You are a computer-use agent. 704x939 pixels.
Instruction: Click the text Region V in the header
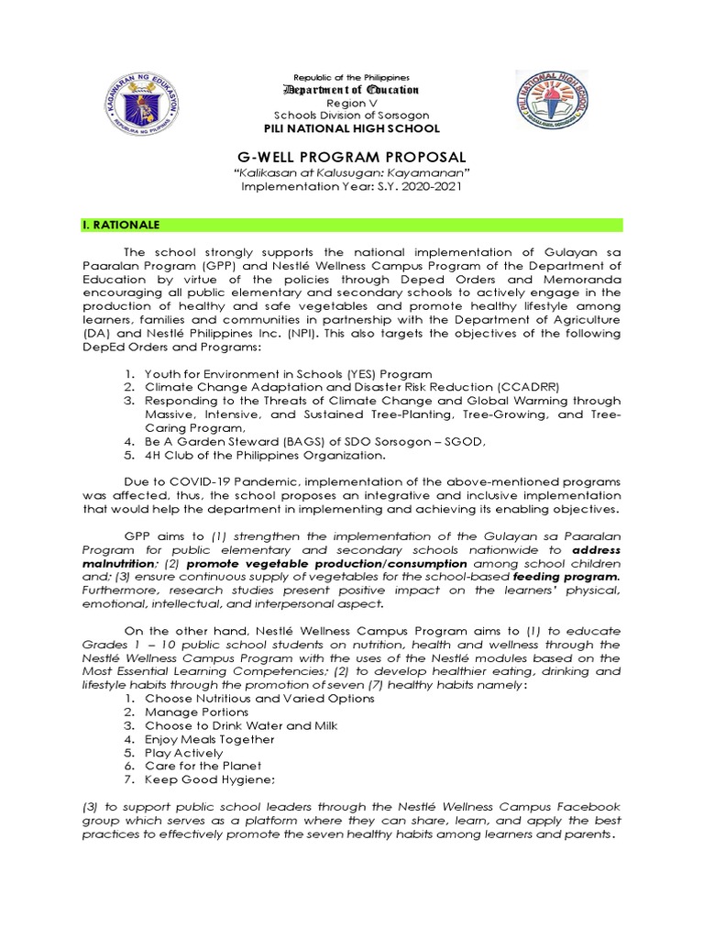(352, 104)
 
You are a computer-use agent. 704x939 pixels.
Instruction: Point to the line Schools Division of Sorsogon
(352, 116)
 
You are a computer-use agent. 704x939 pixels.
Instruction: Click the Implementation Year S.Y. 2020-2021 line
(352, 186)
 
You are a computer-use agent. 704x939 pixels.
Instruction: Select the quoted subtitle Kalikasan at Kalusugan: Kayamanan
(352, 172)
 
